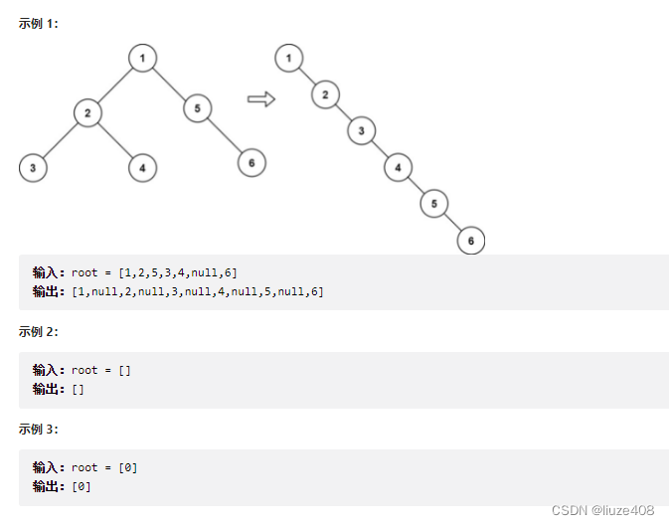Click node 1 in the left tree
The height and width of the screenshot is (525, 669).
143,59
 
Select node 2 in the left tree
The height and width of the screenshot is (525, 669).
87,113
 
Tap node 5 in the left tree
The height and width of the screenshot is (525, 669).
197,107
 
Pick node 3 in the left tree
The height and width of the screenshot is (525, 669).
33,168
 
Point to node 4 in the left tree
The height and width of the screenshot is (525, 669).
142,168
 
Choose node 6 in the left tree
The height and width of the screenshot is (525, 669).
251,162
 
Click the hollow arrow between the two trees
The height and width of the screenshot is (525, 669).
260,98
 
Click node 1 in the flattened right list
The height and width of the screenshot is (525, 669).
288,59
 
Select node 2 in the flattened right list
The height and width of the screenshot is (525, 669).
324,95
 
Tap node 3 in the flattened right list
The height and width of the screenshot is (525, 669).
361,130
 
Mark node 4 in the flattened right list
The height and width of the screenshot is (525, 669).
398,167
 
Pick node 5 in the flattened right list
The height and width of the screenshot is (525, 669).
433,203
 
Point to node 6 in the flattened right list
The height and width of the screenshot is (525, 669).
470,240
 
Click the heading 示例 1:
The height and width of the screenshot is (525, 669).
39,23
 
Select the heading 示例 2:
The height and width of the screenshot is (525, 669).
39,331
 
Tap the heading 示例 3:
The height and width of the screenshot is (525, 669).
39,429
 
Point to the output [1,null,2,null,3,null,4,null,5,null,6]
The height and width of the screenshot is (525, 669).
198,291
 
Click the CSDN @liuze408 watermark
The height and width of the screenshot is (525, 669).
602,509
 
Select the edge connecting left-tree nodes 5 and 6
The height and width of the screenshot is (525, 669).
225,135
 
